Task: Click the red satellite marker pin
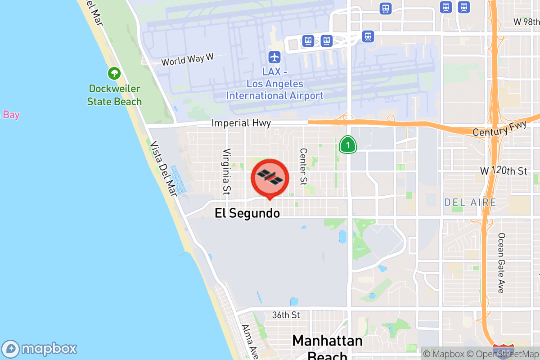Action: (270, 178)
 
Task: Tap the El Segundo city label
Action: (247, 213)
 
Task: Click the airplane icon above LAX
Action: (274, 57)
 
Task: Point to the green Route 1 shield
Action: (347, 145)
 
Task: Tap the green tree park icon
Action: (114, 72)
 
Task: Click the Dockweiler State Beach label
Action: (114, 95)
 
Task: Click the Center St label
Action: (303, 166)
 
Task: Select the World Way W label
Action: (187, 59)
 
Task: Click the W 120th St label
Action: (503, 171)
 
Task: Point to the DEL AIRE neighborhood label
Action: (470, 202)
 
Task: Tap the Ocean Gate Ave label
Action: (501, 263)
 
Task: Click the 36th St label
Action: (286, 315)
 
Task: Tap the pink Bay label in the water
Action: (11, 115)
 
